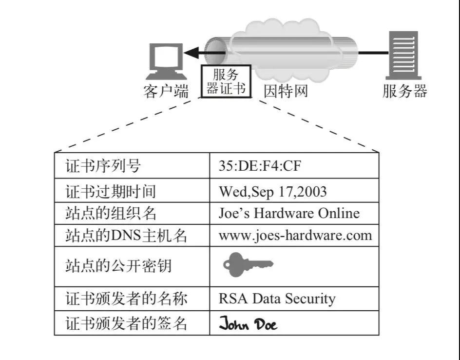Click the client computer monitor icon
point(166,61)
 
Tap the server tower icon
point(403,56)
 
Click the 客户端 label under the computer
point(166,91)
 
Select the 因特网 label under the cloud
point(286,91)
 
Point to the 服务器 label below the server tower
point(405,91)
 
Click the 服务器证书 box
point(226,81)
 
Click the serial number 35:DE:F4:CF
point(260,166)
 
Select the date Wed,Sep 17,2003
point(272,192)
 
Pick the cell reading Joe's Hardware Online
point(289,213)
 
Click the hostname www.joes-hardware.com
point(295,236)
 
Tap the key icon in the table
point(248,264)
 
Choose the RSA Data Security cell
point(277,299)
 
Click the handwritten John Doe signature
point(248,323)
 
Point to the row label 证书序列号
point(103,166)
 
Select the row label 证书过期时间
point(110,191)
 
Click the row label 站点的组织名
point(111,214)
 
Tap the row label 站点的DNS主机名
point(126,236)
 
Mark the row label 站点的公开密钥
point(118,266)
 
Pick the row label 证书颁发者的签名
point(126,324)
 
